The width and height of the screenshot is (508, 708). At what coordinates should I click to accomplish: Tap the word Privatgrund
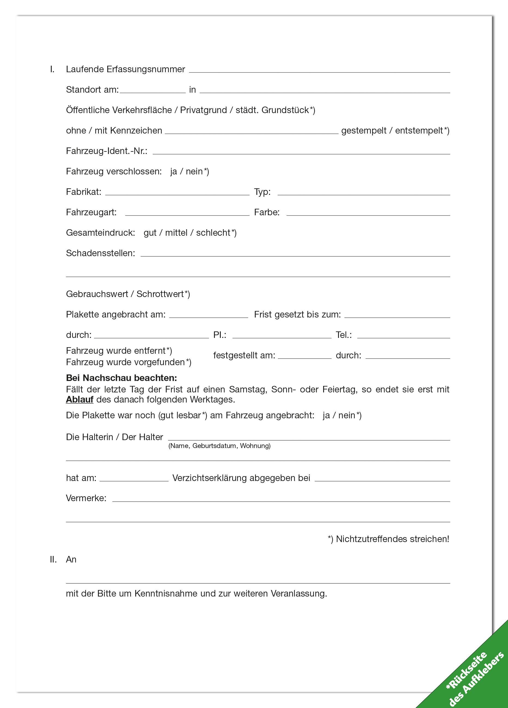203,110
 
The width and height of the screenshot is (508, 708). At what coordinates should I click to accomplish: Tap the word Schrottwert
160,294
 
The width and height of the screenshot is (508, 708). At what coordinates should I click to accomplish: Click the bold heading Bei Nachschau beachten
121,378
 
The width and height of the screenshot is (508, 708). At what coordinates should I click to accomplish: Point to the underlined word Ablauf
79,400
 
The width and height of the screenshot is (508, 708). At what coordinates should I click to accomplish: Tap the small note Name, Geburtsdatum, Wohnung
219,446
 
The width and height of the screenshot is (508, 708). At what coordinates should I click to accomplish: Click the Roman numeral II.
53,559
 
